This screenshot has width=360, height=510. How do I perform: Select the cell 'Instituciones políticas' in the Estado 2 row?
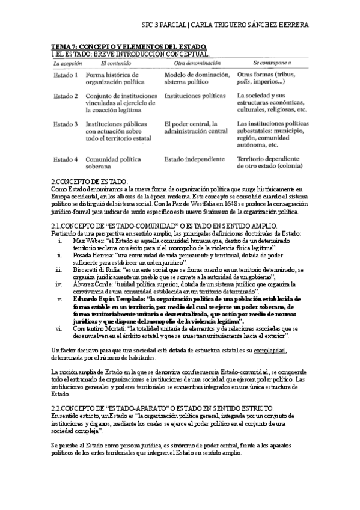pos(195,96)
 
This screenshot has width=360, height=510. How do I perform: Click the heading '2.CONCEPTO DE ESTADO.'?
pos(90,181)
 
